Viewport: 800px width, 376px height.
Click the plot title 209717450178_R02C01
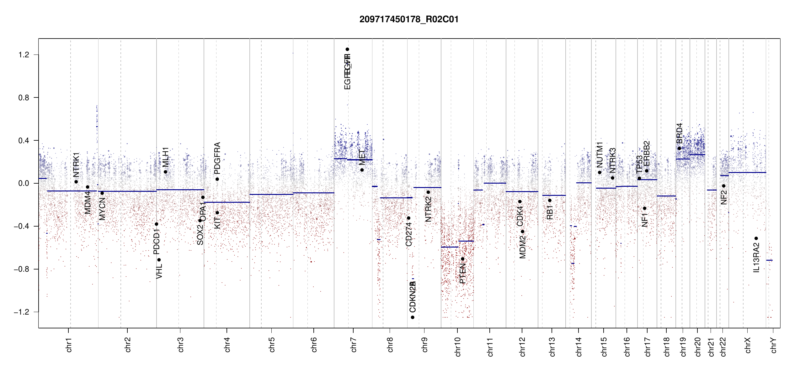(409, 19)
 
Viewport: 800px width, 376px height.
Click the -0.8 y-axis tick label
(22, 269)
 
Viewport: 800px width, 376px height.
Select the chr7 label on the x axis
(354, 345)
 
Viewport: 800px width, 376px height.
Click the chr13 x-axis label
(552, 347)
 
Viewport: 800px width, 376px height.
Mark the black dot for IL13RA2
(756, 238)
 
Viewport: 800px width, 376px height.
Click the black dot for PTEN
(462, 259)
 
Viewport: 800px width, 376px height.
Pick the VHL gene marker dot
(159, 260)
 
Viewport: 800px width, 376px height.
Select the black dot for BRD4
(680, 149)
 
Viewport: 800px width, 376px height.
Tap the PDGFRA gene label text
(217, 158)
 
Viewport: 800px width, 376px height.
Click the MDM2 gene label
(522, 247)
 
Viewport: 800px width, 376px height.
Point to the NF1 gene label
(645, 220)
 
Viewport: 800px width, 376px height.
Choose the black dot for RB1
(550, 201)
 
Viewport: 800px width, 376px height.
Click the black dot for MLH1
(165, 172)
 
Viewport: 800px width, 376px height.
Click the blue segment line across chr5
(271, 194)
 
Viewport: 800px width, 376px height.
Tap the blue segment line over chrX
(747, 172)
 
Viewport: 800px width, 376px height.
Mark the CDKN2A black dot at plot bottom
(413, 317)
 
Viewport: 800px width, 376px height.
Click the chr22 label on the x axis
(723, 347)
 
